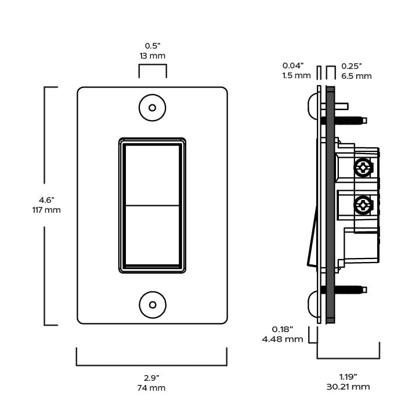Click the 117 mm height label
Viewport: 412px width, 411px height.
46,210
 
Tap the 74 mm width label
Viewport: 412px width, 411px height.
151,388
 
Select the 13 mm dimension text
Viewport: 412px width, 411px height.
153,56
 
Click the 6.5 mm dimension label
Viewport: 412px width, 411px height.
356,76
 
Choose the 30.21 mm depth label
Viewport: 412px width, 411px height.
348,387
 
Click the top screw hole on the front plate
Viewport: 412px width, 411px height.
153,108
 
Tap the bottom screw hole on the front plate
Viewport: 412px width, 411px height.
153,304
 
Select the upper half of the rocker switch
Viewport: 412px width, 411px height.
152,174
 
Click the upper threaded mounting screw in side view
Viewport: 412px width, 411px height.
351,121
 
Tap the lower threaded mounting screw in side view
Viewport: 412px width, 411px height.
351,288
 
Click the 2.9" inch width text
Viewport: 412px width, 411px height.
151,377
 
